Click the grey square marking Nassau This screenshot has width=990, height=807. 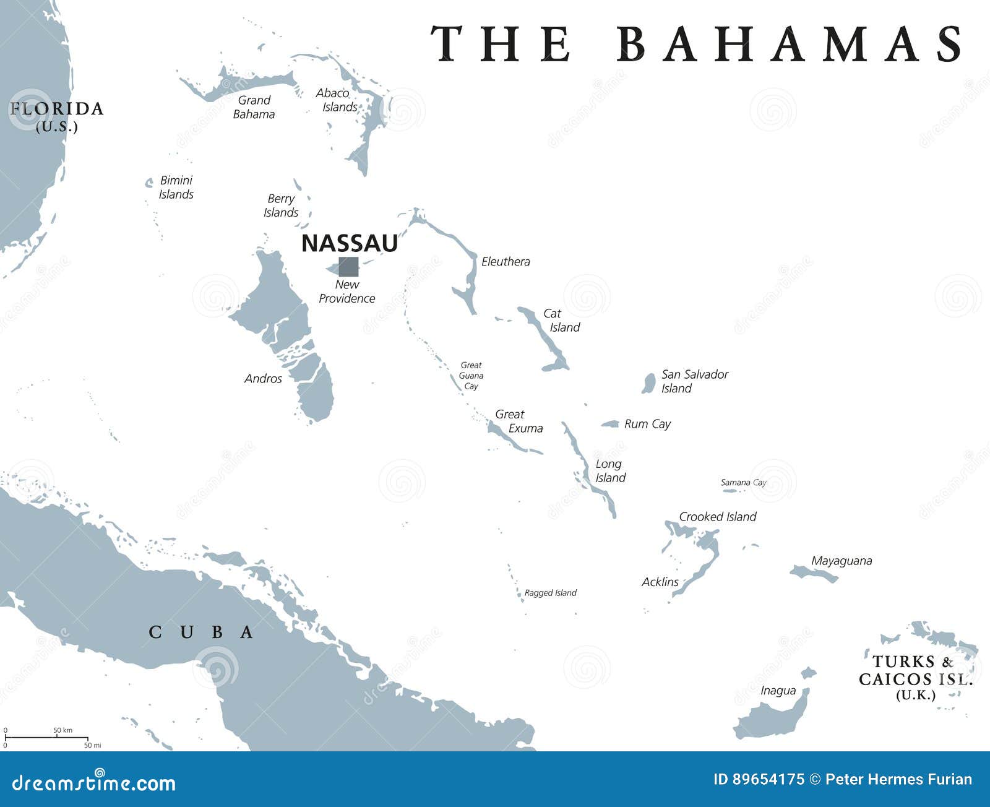coord(348,267)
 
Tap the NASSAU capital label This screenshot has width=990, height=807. coord(349,243)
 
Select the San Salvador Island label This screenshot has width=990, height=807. coord(694,381)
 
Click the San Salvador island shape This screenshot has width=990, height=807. coord(648,383)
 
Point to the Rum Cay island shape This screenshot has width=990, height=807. coord(611,424)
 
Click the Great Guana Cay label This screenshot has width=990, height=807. coord(471,376)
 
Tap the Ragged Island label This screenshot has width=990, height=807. coord(550,593)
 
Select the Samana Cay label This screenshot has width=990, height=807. coord(743,483)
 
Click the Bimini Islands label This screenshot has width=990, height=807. coord(176,187)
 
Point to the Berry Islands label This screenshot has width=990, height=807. coord(281,205)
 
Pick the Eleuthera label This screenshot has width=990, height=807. coord(506,262)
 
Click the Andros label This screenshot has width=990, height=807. coord(263,379)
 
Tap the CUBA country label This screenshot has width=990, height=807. coord(201,632)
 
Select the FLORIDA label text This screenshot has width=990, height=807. coord(56,110)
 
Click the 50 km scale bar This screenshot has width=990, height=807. coord(46,738)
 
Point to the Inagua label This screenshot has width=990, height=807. coord(778,691)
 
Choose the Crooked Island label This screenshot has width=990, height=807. coord(717,517)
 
